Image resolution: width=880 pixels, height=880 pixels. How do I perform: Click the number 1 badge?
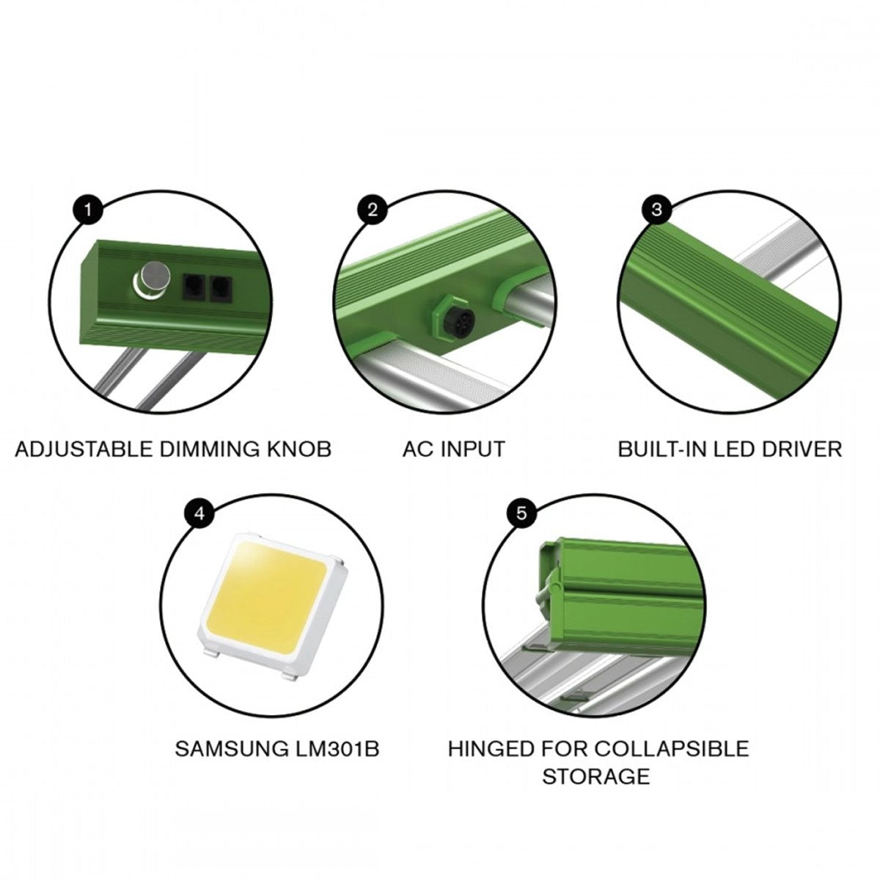(88, 210)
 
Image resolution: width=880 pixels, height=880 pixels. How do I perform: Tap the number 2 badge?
(373, 210)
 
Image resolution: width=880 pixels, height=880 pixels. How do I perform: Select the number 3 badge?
(656, 210)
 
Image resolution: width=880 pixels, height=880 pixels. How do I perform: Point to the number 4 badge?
(199, 513)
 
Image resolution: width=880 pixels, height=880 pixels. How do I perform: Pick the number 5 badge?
(521, 513)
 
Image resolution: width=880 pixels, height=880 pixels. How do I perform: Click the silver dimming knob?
(153, 280)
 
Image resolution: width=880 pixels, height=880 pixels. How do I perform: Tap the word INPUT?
(473, 449)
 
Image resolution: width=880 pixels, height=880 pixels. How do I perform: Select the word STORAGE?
(596, 777)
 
